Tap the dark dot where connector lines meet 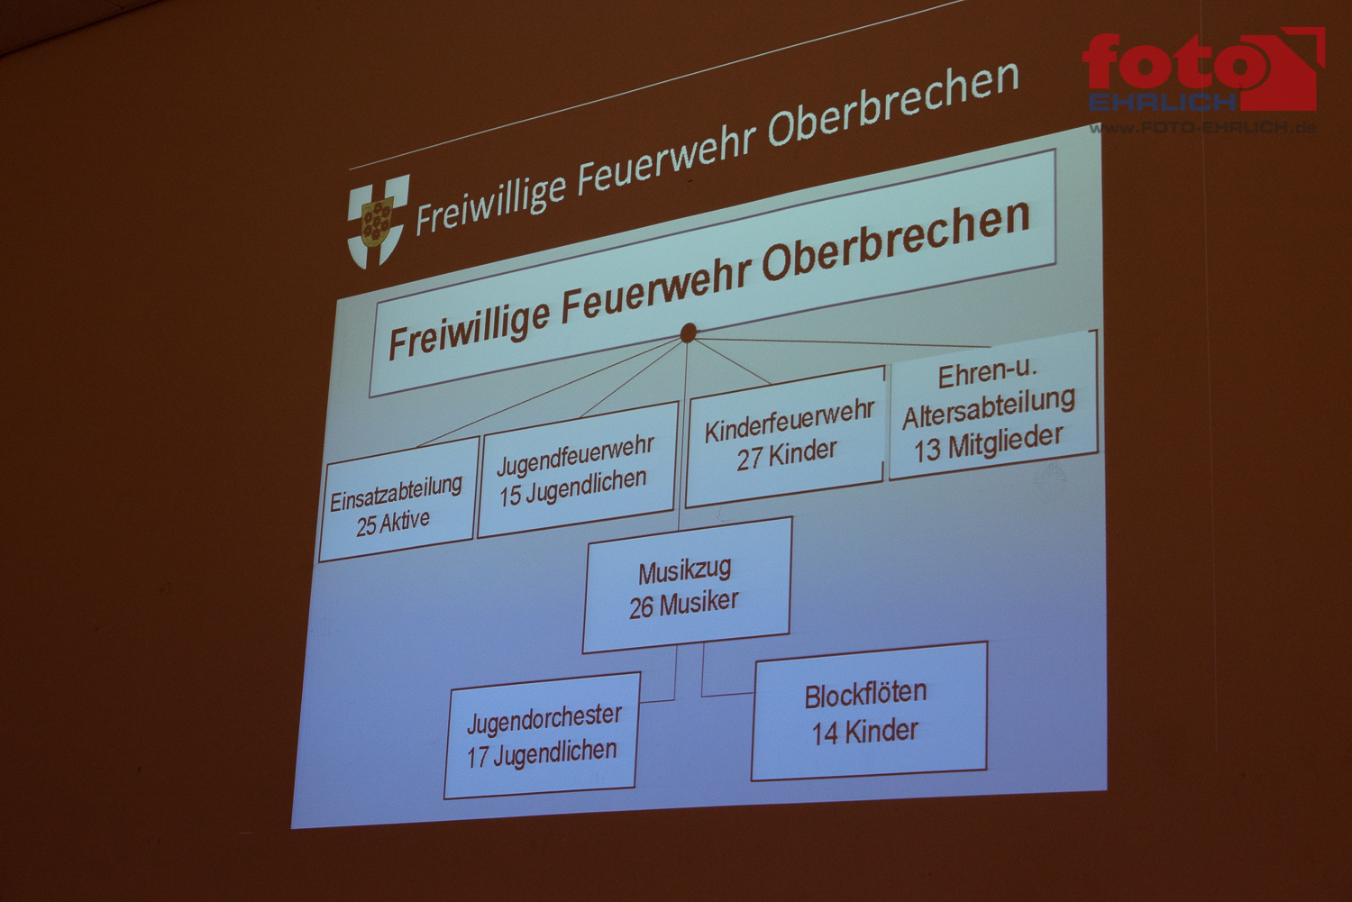click(x=688, y=333)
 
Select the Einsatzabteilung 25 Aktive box click(x=397, y=499)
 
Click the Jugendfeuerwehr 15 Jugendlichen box click(x=577, y=469)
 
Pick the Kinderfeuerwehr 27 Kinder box click(x=785, y=437)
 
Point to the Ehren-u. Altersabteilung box click(x=993, y=405)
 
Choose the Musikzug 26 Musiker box click(x=687, y=585)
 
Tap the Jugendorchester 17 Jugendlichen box click(x=542, y=735)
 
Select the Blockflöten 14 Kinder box click(x=869, y=711)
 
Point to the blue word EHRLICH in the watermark click(x=1163, y=102)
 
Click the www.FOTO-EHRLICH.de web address click(x=1203, y=128)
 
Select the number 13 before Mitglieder click(x=927, y=450)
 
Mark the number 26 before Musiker click(x=642, y=608)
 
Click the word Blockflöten click(x=865, y=695)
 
